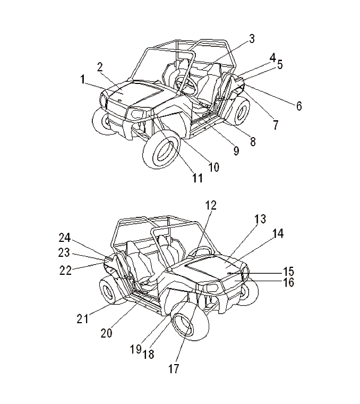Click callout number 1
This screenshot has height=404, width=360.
tap(83, 79)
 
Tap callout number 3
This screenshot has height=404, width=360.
tap(252, 38)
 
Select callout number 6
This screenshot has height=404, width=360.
tap(299, 106)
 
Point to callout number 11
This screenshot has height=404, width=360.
tap(197, 179)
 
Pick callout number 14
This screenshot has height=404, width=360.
tap(278, 233)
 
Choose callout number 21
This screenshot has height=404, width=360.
tap(82, 318)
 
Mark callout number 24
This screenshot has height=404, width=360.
tap(64, 237)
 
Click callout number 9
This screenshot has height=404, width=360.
tap(236, 150)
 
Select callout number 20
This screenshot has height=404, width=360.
tap(106, 333)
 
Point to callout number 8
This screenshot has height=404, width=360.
tap(252, 141)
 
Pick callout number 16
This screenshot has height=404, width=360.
tap(288, 283)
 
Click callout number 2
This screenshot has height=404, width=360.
tap(99, 66)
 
